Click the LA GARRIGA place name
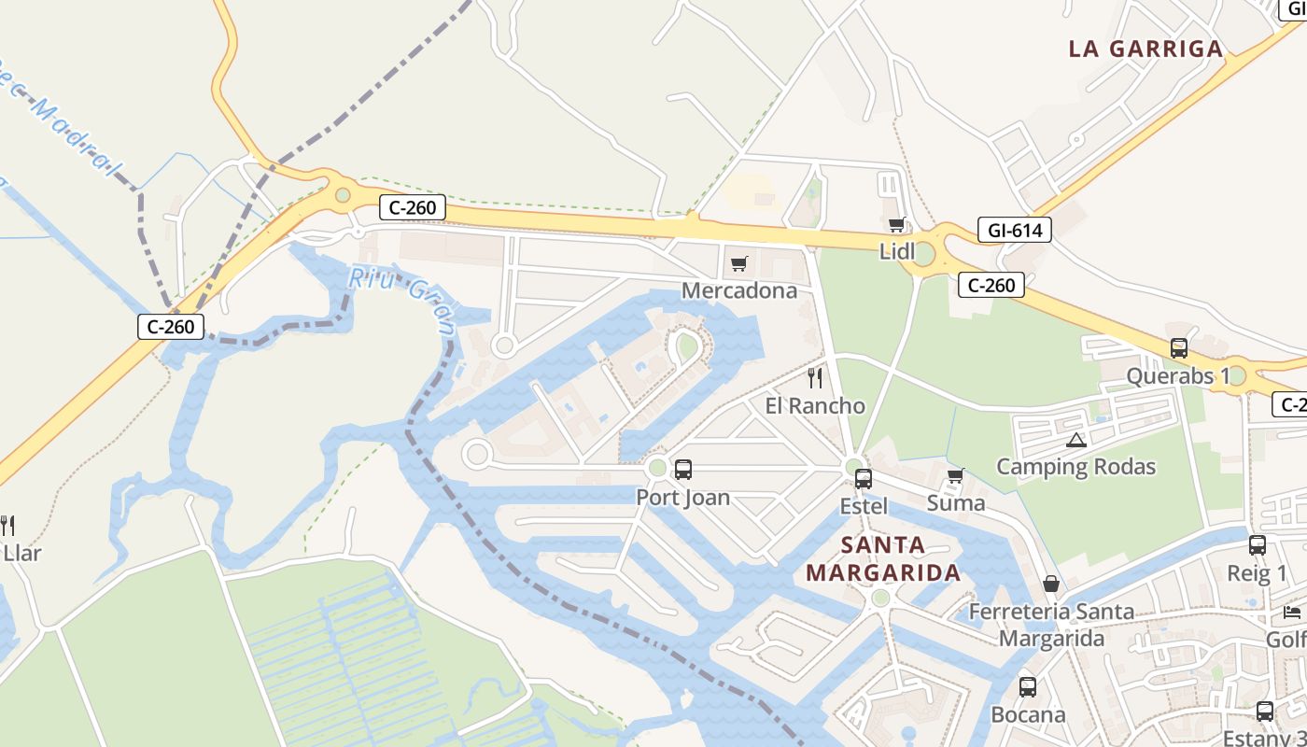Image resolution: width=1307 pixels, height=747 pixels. click(1145, 49)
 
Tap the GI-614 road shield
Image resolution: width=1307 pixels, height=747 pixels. click(1015, 230)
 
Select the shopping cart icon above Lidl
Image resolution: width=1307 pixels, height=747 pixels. click(896, 224)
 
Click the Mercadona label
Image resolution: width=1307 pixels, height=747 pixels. click(739, 290)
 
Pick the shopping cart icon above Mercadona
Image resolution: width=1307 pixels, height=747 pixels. click(739, 264)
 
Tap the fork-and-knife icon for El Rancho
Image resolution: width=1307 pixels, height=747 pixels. click(815, 378)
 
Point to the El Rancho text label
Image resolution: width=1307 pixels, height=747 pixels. click(815, 406)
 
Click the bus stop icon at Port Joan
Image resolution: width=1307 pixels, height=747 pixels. click(683, 470)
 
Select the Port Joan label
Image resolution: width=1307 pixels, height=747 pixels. click(683, 497)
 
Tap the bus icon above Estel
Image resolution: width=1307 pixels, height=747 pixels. click(864, 479)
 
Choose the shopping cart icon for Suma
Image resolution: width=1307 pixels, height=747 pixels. click(955, 476)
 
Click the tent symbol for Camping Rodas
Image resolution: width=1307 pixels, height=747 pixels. click(1076, 440)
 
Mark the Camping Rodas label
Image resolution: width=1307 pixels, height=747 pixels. click(1076, 467)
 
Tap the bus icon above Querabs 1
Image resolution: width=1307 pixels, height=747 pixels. click(1179, 348)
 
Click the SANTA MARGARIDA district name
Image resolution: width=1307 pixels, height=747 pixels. click(883, 558)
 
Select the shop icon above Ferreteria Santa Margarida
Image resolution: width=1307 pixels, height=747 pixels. click(1051, 585)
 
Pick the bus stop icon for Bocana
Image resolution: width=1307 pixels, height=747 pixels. click(1028, 687)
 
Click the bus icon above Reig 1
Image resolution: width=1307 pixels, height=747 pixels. click(1258, 545)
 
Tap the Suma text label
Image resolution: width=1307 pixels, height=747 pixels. click(956, 503)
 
